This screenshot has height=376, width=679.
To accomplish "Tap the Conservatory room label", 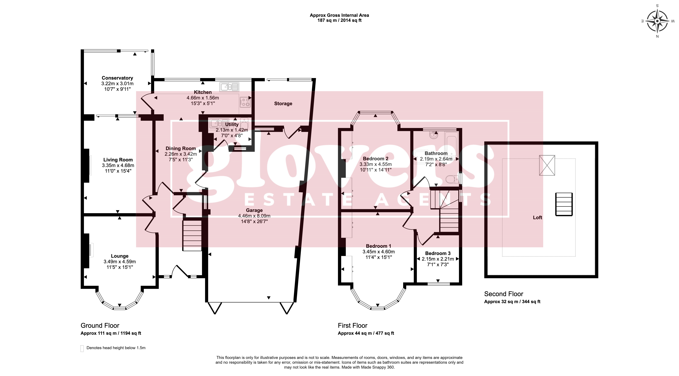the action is pyautogui.click(x=117, y=78).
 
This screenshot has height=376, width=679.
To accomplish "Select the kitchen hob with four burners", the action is pyautogui.click(x=245, y=102).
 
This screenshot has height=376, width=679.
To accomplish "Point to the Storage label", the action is pyautogui.click(x=283, y=104).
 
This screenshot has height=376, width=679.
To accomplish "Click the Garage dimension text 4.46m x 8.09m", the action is pyautogui.click(x=254, y=216).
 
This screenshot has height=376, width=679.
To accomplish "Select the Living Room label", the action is pyautogui.click(x=118, y=160).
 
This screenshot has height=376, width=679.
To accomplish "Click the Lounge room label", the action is pyautogui.click(x=120, y=256).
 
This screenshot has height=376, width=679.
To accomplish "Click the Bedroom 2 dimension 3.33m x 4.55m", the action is pyautogui.click(x=376, y=164).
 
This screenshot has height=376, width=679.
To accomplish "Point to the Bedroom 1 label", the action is pyautogui.click(x=379, y=246).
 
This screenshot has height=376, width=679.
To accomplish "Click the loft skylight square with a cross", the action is pyautogui.click(x=547, y=165).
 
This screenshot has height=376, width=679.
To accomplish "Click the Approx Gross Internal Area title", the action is pyautogui.click(x=339, y=15).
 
